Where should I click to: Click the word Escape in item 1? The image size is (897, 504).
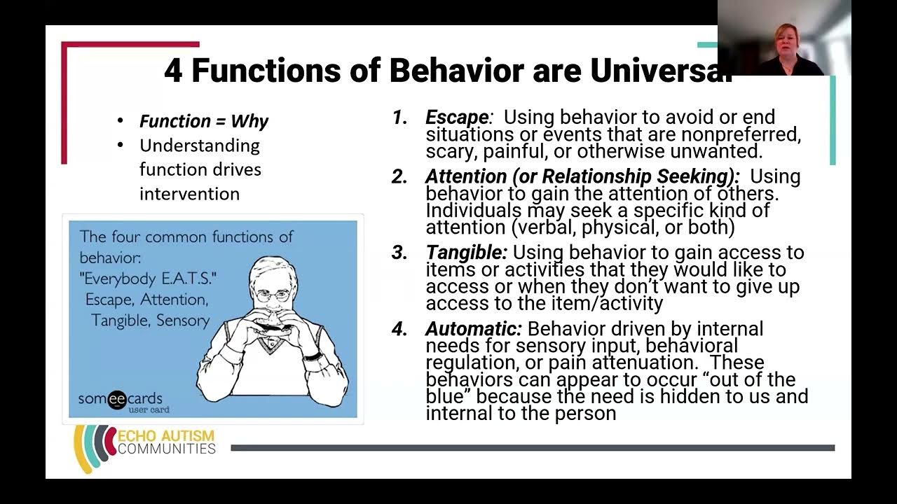point(456,118)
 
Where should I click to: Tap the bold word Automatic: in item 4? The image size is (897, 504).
point(473,329)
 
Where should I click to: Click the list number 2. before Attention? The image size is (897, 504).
point(399,177)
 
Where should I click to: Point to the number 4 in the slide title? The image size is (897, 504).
point(173,71)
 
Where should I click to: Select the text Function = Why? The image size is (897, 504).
point(203,121)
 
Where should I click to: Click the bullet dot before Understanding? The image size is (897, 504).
point(121,146)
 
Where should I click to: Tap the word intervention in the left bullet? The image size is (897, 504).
point(189,194)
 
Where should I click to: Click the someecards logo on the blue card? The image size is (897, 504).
point(120,400)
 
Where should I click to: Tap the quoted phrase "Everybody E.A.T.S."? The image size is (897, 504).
point(149,279)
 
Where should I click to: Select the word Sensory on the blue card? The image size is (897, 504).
point(182,321)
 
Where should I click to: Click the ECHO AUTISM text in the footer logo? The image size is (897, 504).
point(166,435)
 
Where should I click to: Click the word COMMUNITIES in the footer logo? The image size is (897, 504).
point(166,449)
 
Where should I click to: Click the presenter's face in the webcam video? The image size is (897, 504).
point(783,40)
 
